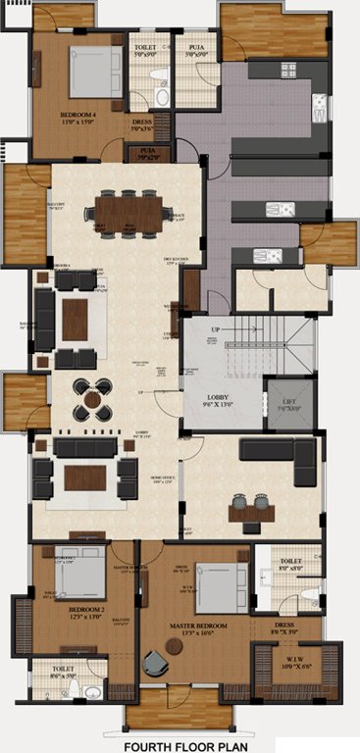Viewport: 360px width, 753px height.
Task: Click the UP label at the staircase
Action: [x=215, y=330]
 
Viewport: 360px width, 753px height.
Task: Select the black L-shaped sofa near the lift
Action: [x=280, y=453]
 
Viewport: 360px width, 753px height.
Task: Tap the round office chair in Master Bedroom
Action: [x=155, y=666]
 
